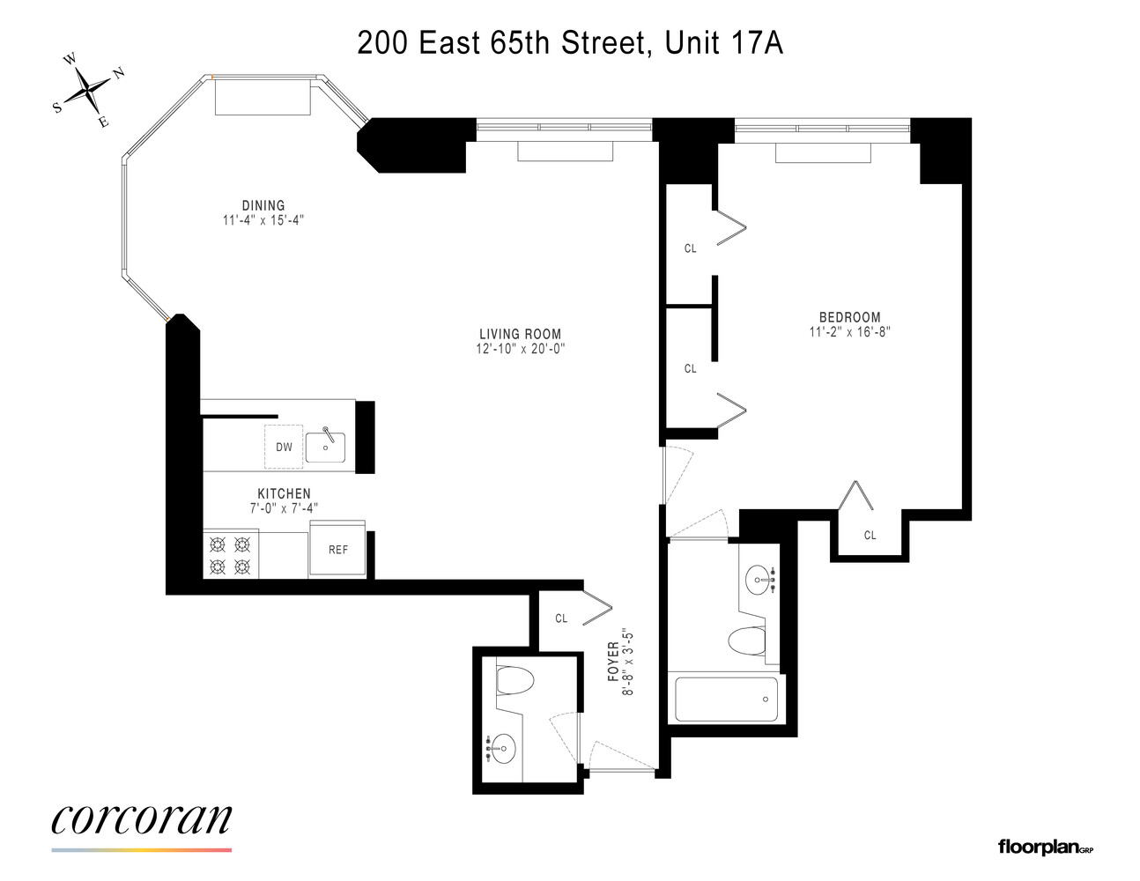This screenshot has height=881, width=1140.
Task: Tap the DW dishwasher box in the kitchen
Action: pyautogui.click(x=284, y=447)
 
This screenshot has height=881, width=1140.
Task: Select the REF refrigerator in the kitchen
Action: pyautogui.click(x=338, y=549)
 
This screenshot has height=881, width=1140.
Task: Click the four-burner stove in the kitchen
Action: pyautogui.click(x=230, y=555)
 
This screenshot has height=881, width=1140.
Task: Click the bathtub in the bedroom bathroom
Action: pyautogui.click(x=726, y=700)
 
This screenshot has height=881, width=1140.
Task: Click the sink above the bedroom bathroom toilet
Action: pyautogui.click(x=759, y=579)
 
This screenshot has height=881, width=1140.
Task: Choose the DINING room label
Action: pyautogui.click(x=263, y=205)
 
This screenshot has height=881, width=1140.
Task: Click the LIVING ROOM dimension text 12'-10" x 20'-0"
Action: pyautogui.click(x=520, y=349)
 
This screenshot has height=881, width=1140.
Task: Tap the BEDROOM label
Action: pyautogui.click(x=849, y=317)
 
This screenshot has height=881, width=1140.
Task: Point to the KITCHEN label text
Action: pyautogui.click(x=284, y=493)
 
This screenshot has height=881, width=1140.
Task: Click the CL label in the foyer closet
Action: pyautogui.click(x=561, y=618)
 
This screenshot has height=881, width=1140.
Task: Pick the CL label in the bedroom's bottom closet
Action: pyautogui.click(x=870, y=535)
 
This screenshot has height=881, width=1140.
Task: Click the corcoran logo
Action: pyautogui.click(x=142, y=820)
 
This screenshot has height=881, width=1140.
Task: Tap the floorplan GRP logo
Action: pyautogui.click(x=1045, y=848)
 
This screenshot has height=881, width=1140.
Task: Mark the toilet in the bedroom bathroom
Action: pyautogui.click(x=747, y=640)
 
